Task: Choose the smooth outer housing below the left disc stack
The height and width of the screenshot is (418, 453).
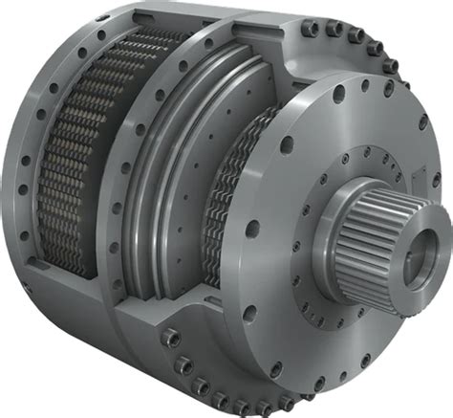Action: click(x=76, y=316)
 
